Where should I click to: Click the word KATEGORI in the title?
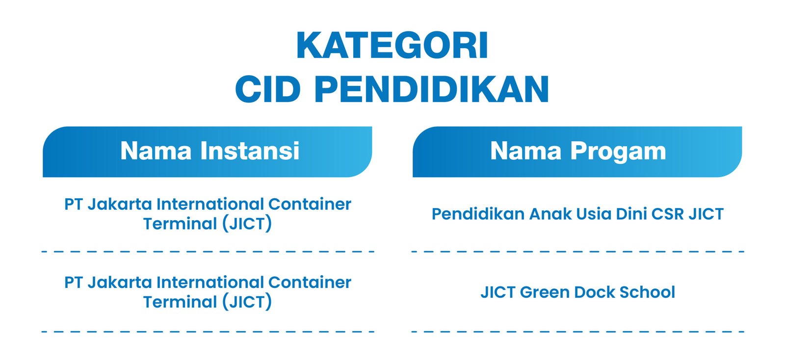(x=392, y=46)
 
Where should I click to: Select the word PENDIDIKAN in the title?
(x=432, y=89)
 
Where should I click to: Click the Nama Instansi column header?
(x=210, y=151)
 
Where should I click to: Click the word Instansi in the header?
(x=250, y=151)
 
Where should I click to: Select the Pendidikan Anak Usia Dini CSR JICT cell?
(x=577, y=214)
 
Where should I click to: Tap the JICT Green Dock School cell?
(x=577, y=292)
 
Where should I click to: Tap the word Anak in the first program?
(x=550, y=214)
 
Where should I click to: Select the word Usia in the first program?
(x=594, y=214)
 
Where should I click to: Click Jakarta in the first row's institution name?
(x=120, y=205)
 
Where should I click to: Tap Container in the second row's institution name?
(x=310, y=283)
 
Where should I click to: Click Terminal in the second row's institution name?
(x=180, y=302)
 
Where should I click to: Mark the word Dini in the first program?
(x=631, y=214)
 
